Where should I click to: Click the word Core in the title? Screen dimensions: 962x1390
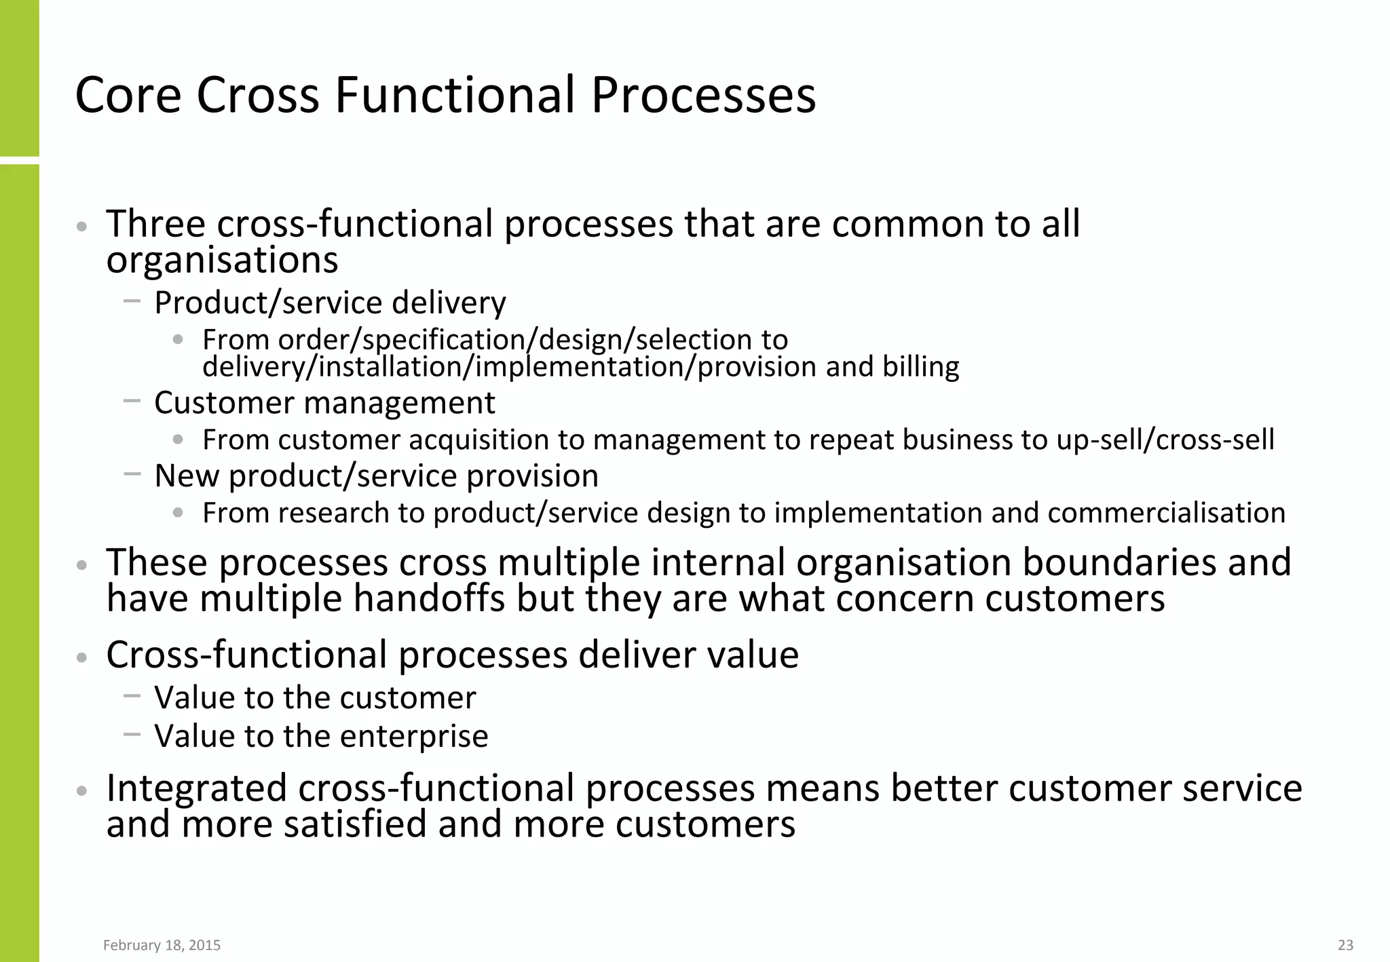[x=128, y=95]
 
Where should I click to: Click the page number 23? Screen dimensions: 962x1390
[x=1345, y=945]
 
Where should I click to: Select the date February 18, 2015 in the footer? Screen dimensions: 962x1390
[x=162, y=945]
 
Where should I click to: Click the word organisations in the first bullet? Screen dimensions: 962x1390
[x=222, y=261]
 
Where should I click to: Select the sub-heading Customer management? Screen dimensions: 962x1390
[x=324, y=403]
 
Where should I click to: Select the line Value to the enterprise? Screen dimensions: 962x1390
[x=321, y=736]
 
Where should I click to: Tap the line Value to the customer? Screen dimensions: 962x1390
[x=315, y=698]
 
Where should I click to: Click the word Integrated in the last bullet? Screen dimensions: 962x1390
[x=197, y=788]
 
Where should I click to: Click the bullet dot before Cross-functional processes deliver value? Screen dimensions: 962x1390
[x=82, y=657]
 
